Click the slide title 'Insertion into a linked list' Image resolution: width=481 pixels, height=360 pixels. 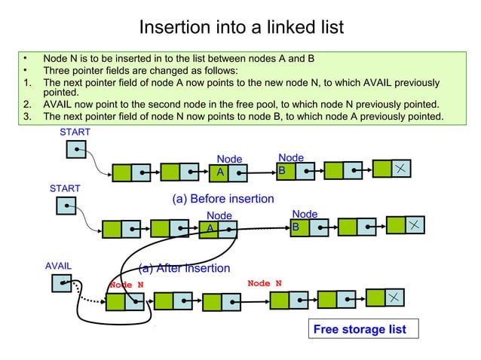(x=241, y=27)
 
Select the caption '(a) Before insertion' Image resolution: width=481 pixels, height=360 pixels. (x=223, y=199)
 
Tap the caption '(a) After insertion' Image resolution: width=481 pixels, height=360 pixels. (x=184, y=268)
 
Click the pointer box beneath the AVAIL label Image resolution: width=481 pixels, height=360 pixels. (x=62, y=283)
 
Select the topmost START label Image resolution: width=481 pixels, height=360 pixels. (x=75, y=133)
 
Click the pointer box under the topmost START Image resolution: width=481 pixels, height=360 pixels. (x=75, y=150)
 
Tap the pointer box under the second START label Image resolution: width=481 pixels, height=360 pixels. (x=66, y=205)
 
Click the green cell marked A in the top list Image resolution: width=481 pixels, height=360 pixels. (x=219, y=173)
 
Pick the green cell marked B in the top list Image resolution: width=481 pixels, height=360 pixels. (x=283, y=172)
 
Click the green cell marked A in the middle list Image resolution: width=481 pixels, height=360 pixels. (x=210, y=228)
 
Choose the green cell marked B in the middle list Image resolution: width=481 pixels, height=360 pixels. (x=299, y=227)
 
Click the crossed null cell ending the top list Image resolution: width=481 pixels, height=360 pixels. (x=403, y=169)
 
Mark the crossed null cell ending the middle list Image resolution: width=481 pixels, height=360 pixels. (x=415, y=224)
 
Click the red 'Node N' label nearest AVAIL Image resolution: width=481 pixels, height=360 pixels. (x=126, y=285)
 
